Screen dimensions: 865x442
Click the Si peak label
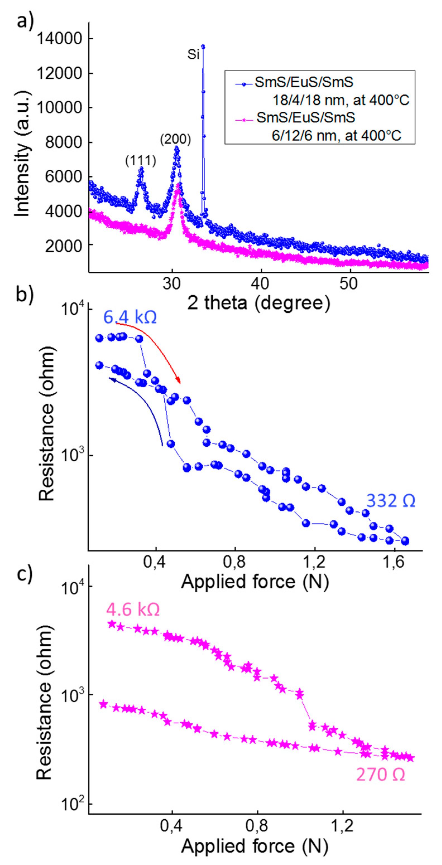[x=193, y=55]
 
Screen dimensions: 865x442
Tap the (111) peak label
[x=141, y=161]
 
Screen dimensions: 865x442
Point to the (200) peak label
[x=176, y=139]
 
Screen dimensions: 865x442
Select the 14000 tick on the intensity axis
[x=59, y=39]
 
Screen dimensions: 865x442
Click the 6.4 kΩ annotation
[x=130, y=317]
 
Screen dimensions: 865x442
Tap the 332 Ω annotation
[x=391, y=501]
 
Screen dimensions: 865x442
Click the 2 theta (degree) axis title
[x=258, y=303]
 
